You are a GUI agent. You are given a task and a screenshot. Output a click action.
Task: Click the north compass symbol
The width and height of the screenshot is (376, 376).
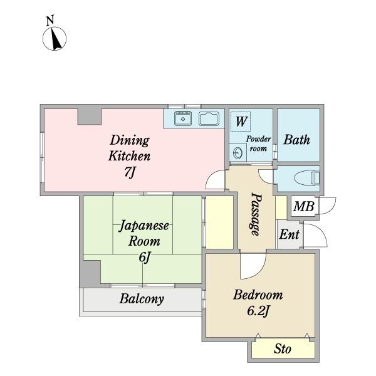tap(55, 38)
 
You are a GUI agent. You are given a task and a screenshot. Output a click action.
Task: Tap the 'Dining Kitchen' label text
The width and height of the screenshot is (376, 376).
tap(130, 148)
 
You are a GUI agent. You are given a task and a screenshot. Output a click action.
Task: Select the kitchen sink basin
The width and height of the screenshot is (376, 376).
tap(183, 118)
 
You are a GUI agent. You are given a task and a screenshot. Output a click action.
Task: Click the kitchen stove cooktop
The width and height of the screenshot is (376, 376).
tap(209, 118)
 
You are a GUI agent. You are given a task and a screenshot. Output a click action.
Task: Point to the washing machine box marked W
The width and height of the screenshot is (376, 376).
tap(241, 120)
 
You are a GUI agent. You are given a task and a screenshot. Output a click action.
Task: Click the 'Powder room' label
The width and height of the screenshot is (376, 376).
tap(258, 144)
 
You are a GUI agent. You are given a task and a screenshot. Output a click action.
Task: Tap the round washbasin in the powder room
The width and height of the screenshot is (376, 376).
tap(238, 153)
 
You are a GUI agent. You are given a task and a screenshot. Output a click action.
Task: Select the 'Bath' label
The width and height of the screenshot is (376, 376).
tap(297, 139)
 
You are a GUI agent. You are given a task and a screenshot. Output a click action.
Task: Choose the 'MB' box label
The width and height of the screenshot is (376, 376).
tap(304, 206)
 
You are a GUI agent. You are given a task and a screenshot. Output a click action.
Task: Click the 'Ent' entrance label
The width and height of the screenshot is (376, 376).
tap(289, 235)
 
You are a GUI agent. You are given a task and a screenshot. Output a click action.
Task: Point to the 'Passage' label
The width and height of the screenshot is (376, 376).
tap(256, 213)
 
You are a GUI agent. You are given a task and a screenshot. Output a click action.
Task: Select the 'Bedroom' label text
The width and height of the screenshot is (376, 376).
tap(258, 295)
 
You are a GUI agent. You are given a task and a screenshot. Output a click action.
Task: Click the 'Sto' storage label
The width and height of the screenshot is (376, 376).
tap(282, 350)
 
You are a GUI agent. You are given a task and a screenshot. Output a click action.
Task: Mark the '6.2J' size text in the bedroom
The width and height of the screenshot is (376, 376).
tap(257, 311)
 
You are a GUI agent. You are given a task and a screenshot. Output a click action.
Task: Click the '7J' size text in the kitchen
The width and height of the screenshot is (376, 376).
tap(130, 173)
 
